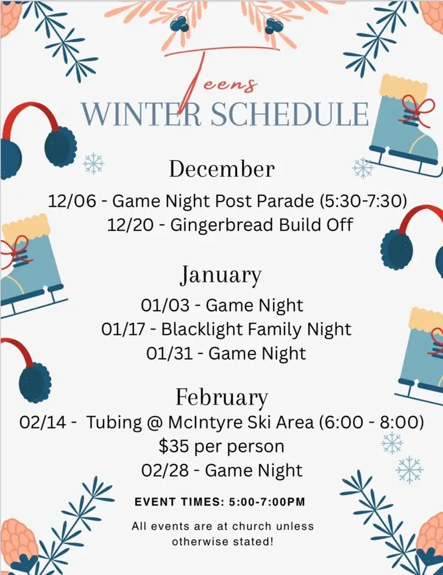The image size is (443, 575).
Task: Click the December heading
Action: (x=222, y=169)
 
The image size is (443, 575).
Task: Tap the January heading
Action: (x=221, y=275)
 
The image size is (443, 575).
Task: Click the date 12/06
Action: (x=71, y=201)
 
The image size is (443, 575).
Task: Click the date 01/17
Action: (x=125, y=329)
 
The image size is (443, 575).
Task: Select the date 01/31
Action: (x=169, y=353)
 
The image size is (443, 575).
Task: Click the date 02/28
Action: (x=165, y=470)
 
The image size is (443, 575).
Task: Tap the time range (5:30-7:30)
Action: (x=363, y=201)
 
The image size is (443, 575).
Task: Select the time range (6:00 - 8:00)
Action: (x=372, y=423)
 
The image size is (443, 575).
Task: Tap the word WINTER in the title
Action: (x=141, y=114)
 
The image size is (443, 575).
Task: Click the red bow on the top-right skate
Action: (x=417, y=107)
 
